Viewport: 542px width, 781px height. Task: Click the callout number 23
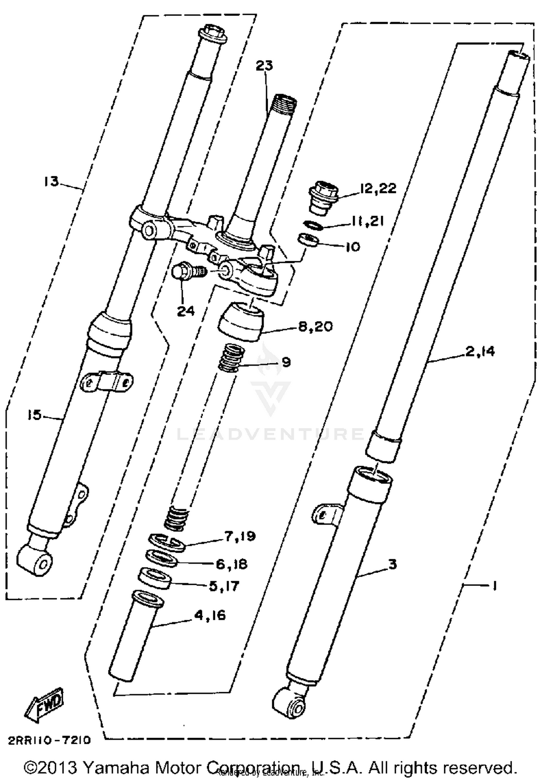[264, 66]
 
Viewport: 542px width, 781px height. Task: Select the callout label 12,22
[378, 188]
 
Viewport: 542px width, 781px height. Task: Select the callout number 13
[51, 181]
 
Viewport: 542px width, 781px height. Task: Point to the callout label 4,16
[210, 614]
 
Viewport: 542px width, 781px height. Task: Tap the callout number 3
[392, 564]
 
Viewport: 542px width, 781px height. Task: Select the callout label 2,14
[480, 351]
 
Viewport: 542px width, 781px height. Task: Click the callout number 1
[495, 586]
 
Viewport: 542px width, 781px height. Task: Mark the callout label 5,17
[224, 586]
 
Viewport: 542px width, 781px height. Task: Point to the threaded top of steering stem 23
[285, 102]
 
